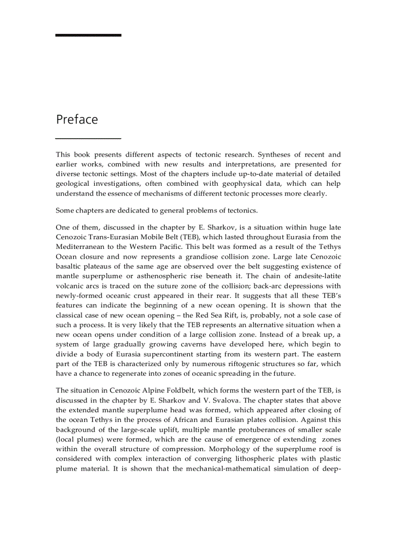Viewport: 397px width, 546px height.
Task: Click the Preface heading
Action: point(77,120)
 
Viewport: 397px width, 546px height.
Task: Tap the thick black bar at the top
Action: point(88,35)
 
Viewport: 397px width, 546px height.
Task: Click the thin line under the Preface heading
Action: point(88,139)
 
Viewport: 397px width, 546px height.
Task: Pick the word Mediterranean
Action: point(82,247)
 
